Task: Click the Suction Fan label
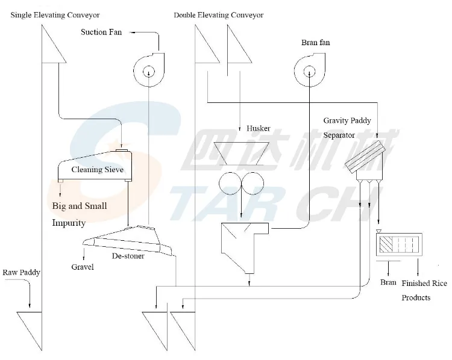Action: point(101,32)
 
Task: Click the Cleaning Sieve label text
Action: point(97,170)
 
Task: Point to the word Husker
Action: point(258,128)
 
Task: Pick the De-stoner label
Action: point(127,256)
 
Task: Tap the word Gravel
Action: point(83,267)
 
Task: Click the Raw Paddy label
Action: point(21,273)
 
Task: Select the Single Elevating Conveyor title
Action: point(55,14)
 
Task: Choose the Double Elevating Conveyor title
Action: point(218,14)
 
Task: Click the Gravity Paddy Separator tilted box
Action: point(365,155)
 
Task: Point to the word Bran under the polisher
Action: point(388,282)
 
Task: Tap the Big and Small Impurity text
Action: point(79,214)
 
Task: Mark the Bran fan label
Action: point(315,43)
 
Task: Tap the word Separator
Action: point(339,135)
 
